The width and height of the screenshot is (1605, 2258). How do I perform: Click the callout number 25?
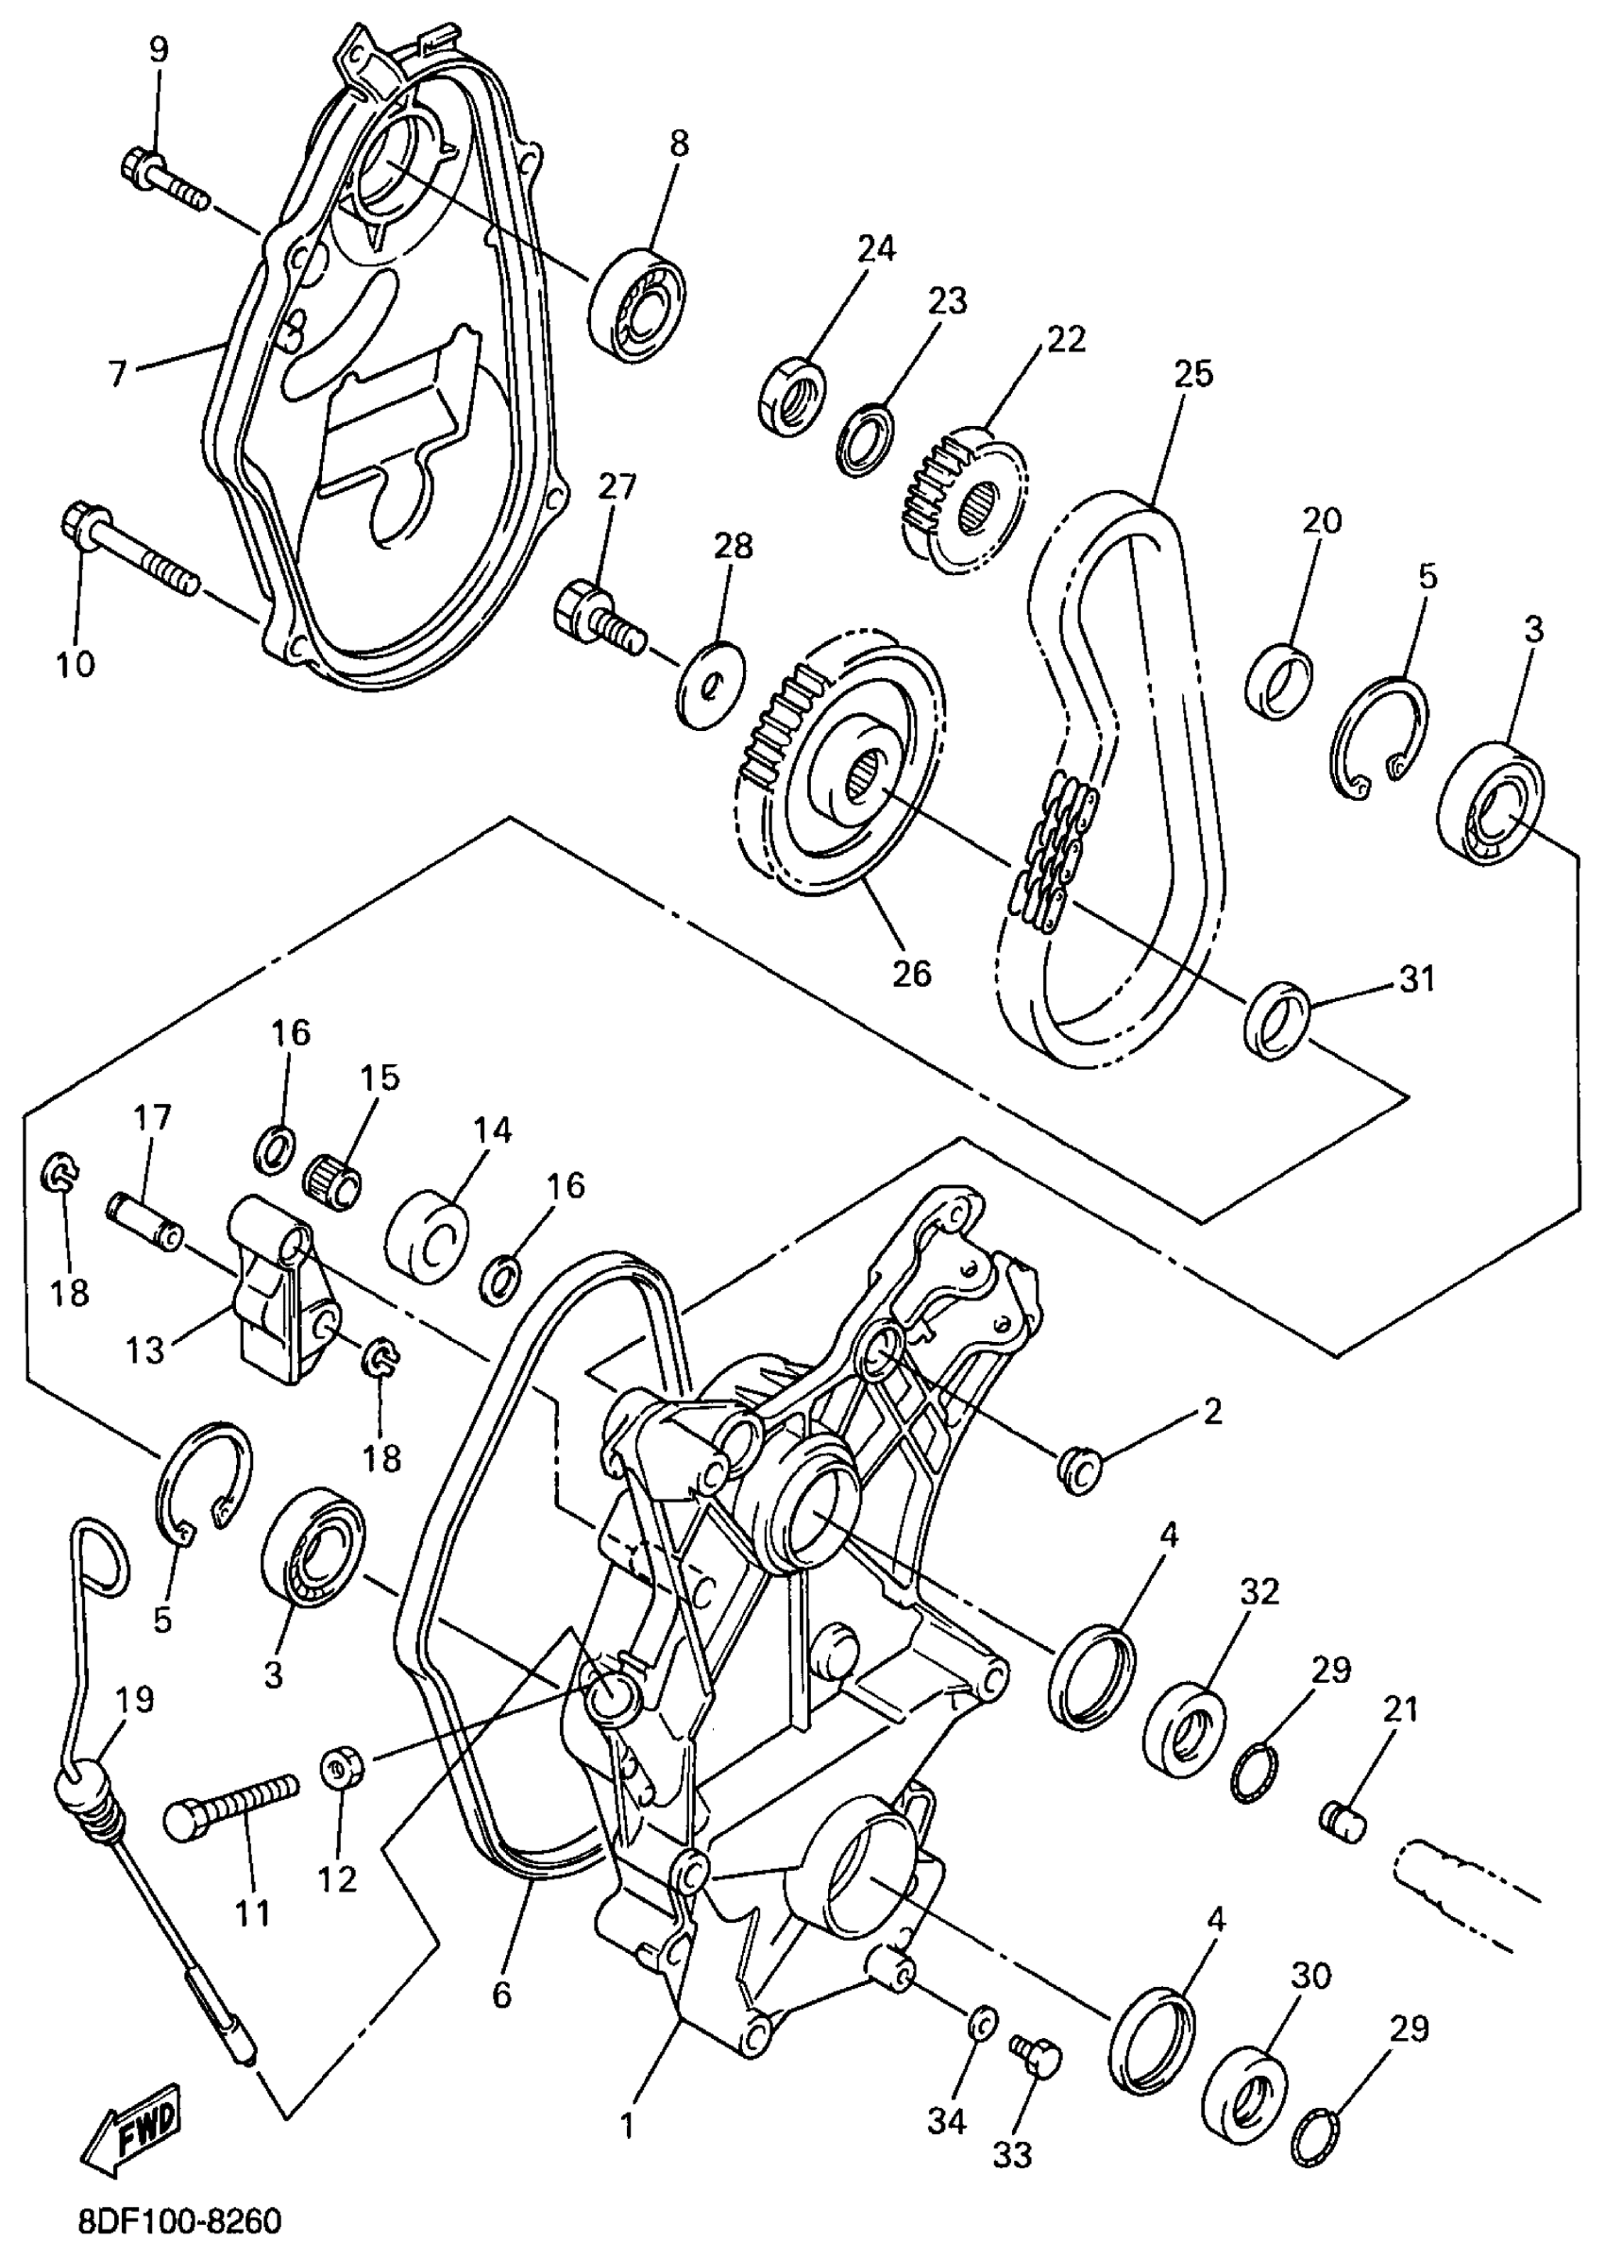[x=1192, y=375]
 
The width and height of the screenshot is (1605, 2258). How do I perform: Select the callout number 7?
[x=118, y=375]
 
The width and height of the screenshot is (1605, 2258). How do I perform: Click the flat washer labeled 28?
[x=713, y=687]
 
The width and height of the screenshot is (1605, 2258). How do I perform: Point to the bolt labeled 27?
[x=599, y=616]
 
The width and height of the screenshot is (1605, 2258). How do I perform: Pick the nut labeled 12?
[x=342, y=1768]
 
